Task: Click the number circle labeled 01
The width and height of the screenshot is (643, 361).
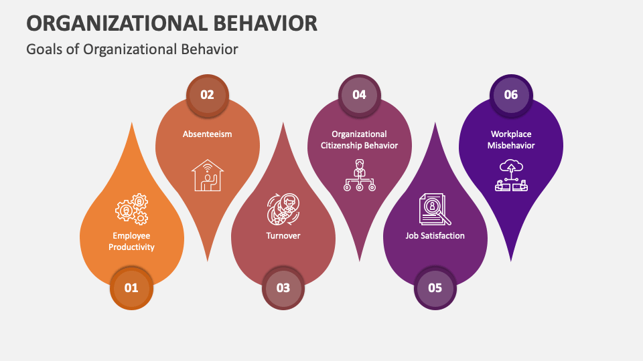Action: (131, 288)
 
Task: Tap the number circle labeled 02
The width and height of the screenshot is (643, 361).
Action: (207, 94)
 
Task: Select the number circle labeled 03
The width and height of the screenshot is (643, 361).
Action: (283, 288)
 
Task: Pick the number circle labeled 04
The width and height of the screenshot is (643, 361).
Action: (359, 94)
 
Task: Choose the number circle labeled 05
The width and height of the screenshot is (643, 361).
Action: (435, 288)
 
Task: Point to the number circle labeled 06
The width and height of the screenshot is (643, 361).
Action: (511, 94)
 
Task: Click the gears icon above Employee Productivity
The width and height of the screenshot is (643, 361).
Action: (132, 210)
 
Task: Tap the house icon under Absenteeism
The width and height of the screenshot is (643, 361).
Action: (207, 175)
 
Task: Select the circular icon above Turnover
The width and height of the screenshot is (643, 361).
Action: (283, 209)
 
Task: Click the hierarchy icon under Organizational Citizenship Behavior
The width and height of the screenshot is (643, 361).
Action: (359, 175)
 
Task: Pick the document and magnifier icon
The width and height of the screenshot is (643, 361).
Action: (435, 209)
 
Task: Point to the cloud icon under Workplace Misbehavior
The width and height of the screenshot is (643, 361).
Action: (511, 176)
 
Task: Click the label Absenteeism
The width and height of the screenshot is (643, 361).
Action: (207, 134)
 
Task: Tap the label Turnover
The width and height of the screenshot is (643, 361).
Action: (283, 235)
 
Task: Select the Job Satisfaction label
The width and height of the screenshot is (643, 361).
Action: (435, 235)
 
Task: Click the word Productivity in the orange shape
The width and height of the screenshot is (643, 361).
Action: (132, 247)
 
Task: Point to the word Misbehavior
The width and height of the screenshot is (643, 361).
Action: (511, 146)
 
